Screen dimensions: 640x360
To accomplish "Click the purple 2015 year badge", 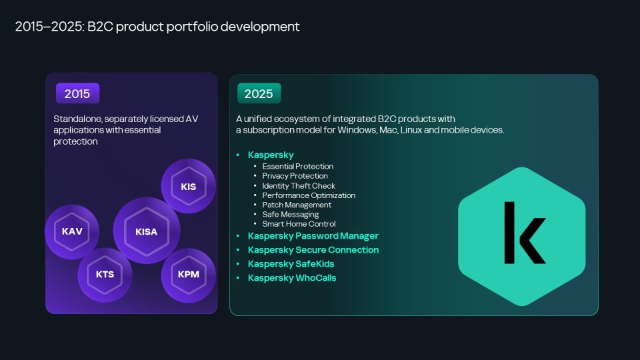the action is [77, 93].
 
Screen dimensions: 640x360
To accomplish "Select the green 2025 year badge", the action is [259, 93].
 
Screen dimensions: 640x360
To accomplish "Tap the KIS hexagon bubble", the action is [188, 186].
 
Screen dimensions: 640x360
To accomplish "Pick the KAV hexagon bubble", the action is [72, 231].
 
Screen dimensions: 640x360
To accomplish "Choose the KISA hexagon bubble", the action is [147, 231].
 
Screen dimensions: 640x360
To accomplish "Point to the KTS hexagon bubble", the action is [105, 275].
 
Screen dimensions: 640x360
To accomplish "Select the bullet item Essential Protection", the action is [297, 167].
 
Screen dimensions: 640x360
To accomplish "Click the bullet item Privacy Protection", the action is [295, 176].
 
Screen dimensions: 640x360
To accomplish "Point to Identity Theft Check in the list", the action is [299, 186].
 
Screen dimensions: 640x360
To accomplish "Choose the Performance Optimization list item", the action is [309, 195].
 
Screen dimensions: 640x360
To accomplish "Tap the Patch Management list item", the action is [296, 205].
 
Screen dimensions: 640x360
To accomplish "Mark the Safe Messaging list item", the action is [290, 214].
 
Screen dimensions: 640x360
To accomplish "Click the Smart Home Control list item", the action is [299, 224].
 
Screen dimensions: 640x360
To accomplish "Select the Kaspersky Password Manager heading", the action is [313, 236].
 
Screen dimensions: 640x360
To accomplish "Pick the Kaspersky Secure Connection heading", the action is [313, 250].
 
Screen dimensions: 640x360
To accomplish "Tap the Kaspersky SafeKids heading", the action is [291, 264].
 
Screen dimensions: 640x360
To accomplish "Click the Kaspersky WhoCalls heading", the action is [292, 278].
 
